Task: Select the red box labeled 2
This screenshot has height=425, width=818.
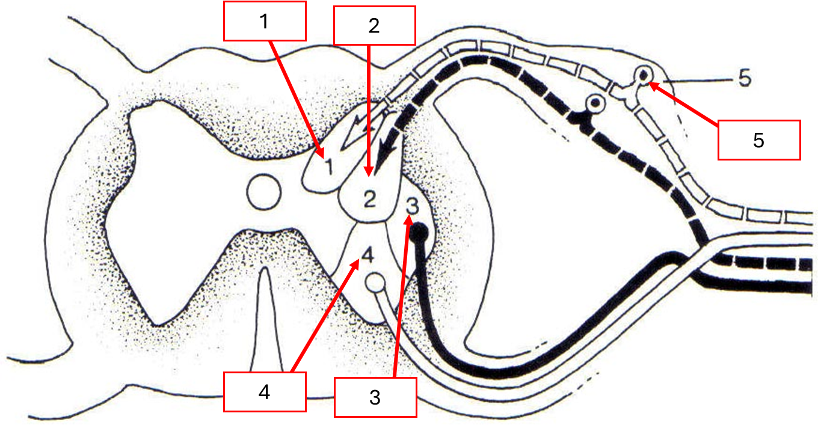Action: [x=374, y=25]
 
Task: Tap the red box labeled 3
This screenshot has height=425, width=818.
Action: [x=375, y=397]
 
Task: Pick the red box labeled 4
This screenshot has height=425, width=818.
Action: [x=265, y=392]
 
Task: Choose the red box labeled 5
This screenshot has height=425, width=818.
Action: [x=759, y=140]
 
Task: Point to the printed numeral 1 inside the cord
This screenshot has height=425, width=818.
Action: [x=328, y=166]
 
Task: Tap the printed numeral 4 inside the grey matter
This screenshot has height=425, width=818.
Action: [x=368, y=257]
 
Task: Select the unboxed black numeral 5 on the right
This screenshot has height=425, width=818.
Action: [x=744, y=79]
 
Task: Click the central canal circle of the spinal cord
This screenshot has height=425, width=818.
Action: [x=264, y=192]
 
